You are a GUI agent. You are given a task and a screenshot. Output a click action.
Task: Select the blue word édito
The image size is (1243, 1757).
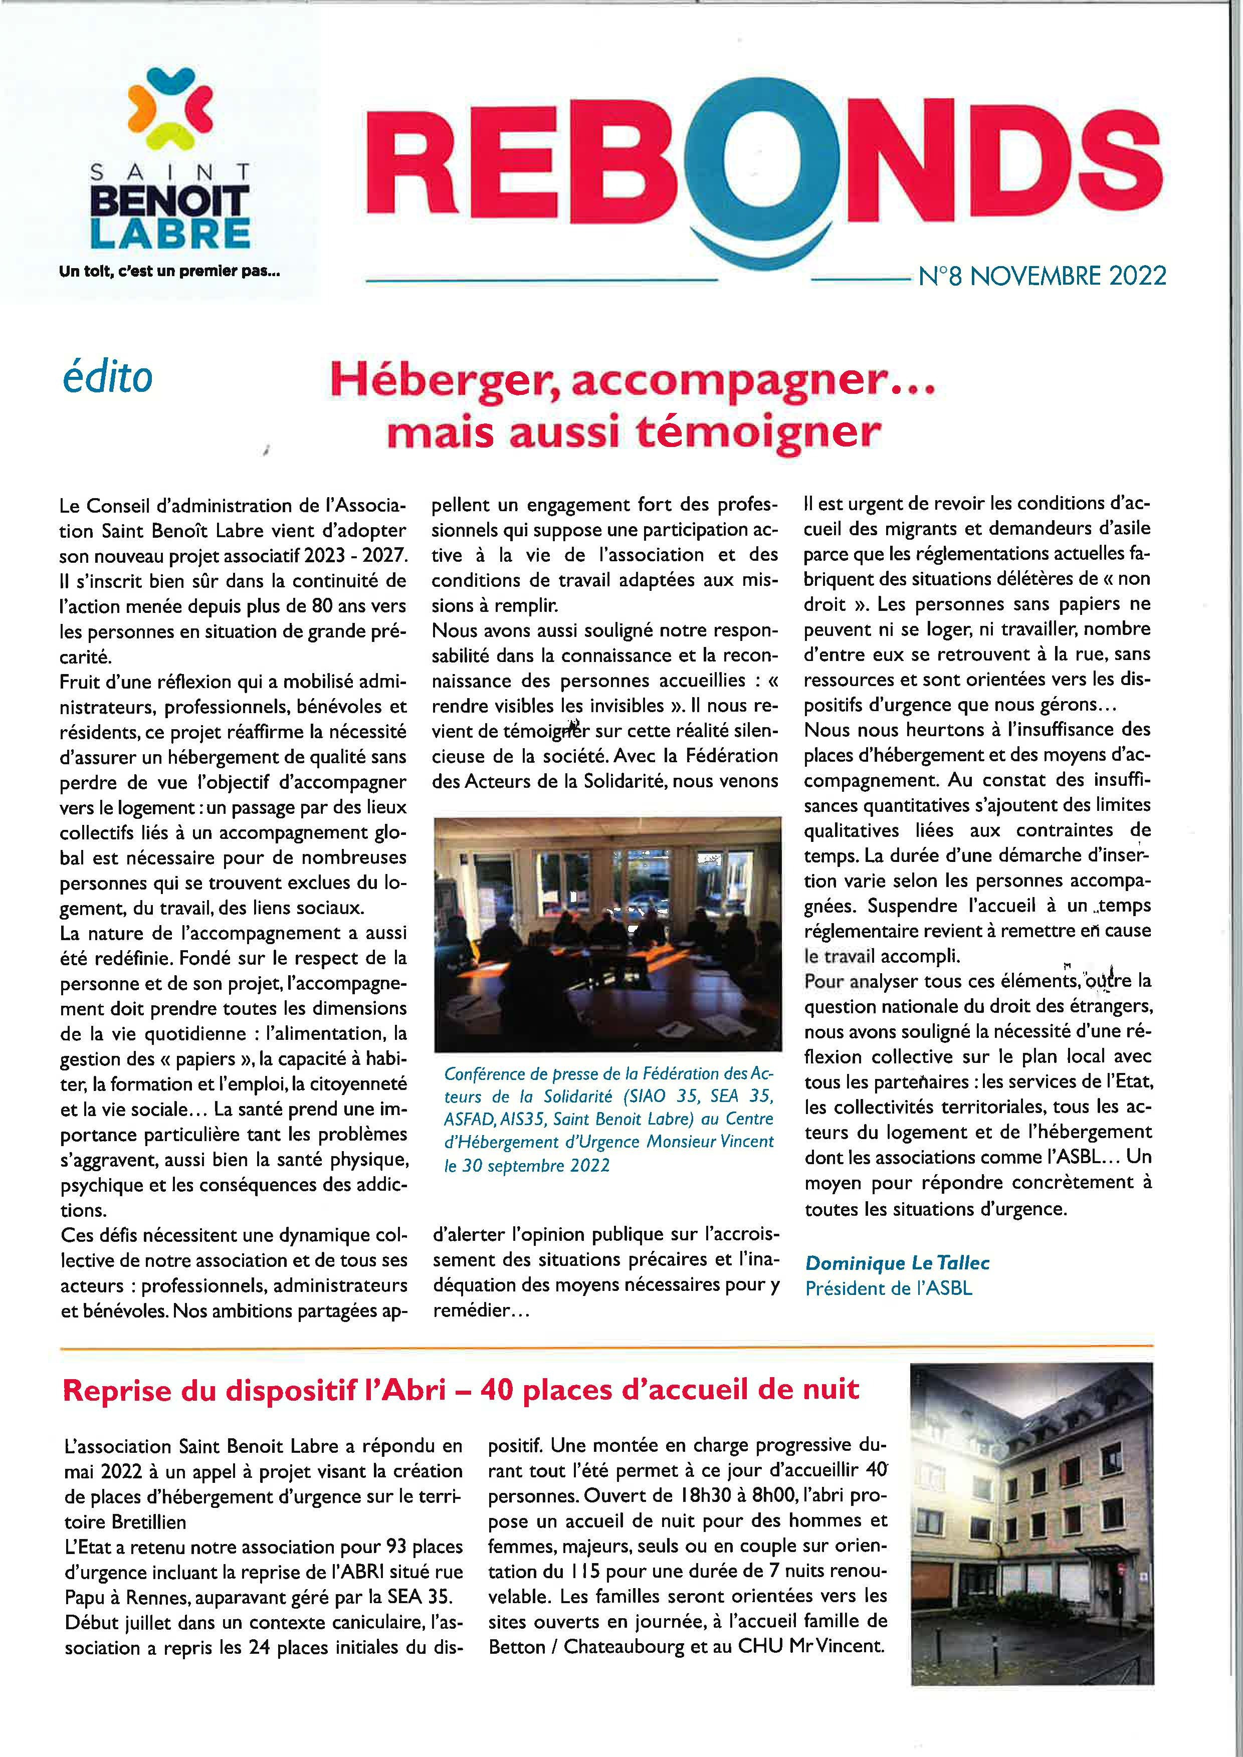[107, 378]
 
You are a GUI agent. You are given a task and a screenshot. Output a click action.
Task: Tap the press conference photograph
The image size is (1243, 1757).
[607, 934]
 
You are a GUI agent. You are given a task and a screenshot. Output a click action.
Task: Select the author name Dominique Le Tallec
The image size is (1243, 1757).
[898, 1263]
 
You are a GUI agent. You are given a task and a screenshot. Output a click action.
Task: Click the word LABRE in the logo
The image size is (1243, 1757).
[170, 234]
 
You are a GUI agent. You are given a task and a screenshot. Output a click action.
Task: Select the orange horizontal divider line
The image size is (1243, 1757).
[604, 1345]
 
